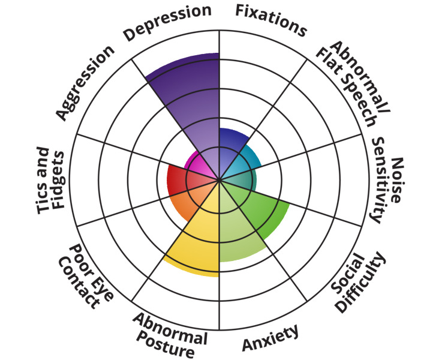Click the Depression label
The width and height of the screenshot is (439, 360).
pos(167,22)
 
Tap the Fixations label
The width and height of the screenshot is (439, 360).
pos(270,20)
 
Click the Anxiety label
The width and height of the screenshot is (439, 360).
pos(270,339)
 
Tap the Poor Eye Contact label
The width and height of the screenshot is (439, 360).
pos(84,275)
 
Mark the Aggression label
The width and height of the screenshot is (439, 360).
pos(85,82)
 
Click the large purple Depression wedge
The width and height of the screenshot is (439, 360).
pos(192,102)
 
